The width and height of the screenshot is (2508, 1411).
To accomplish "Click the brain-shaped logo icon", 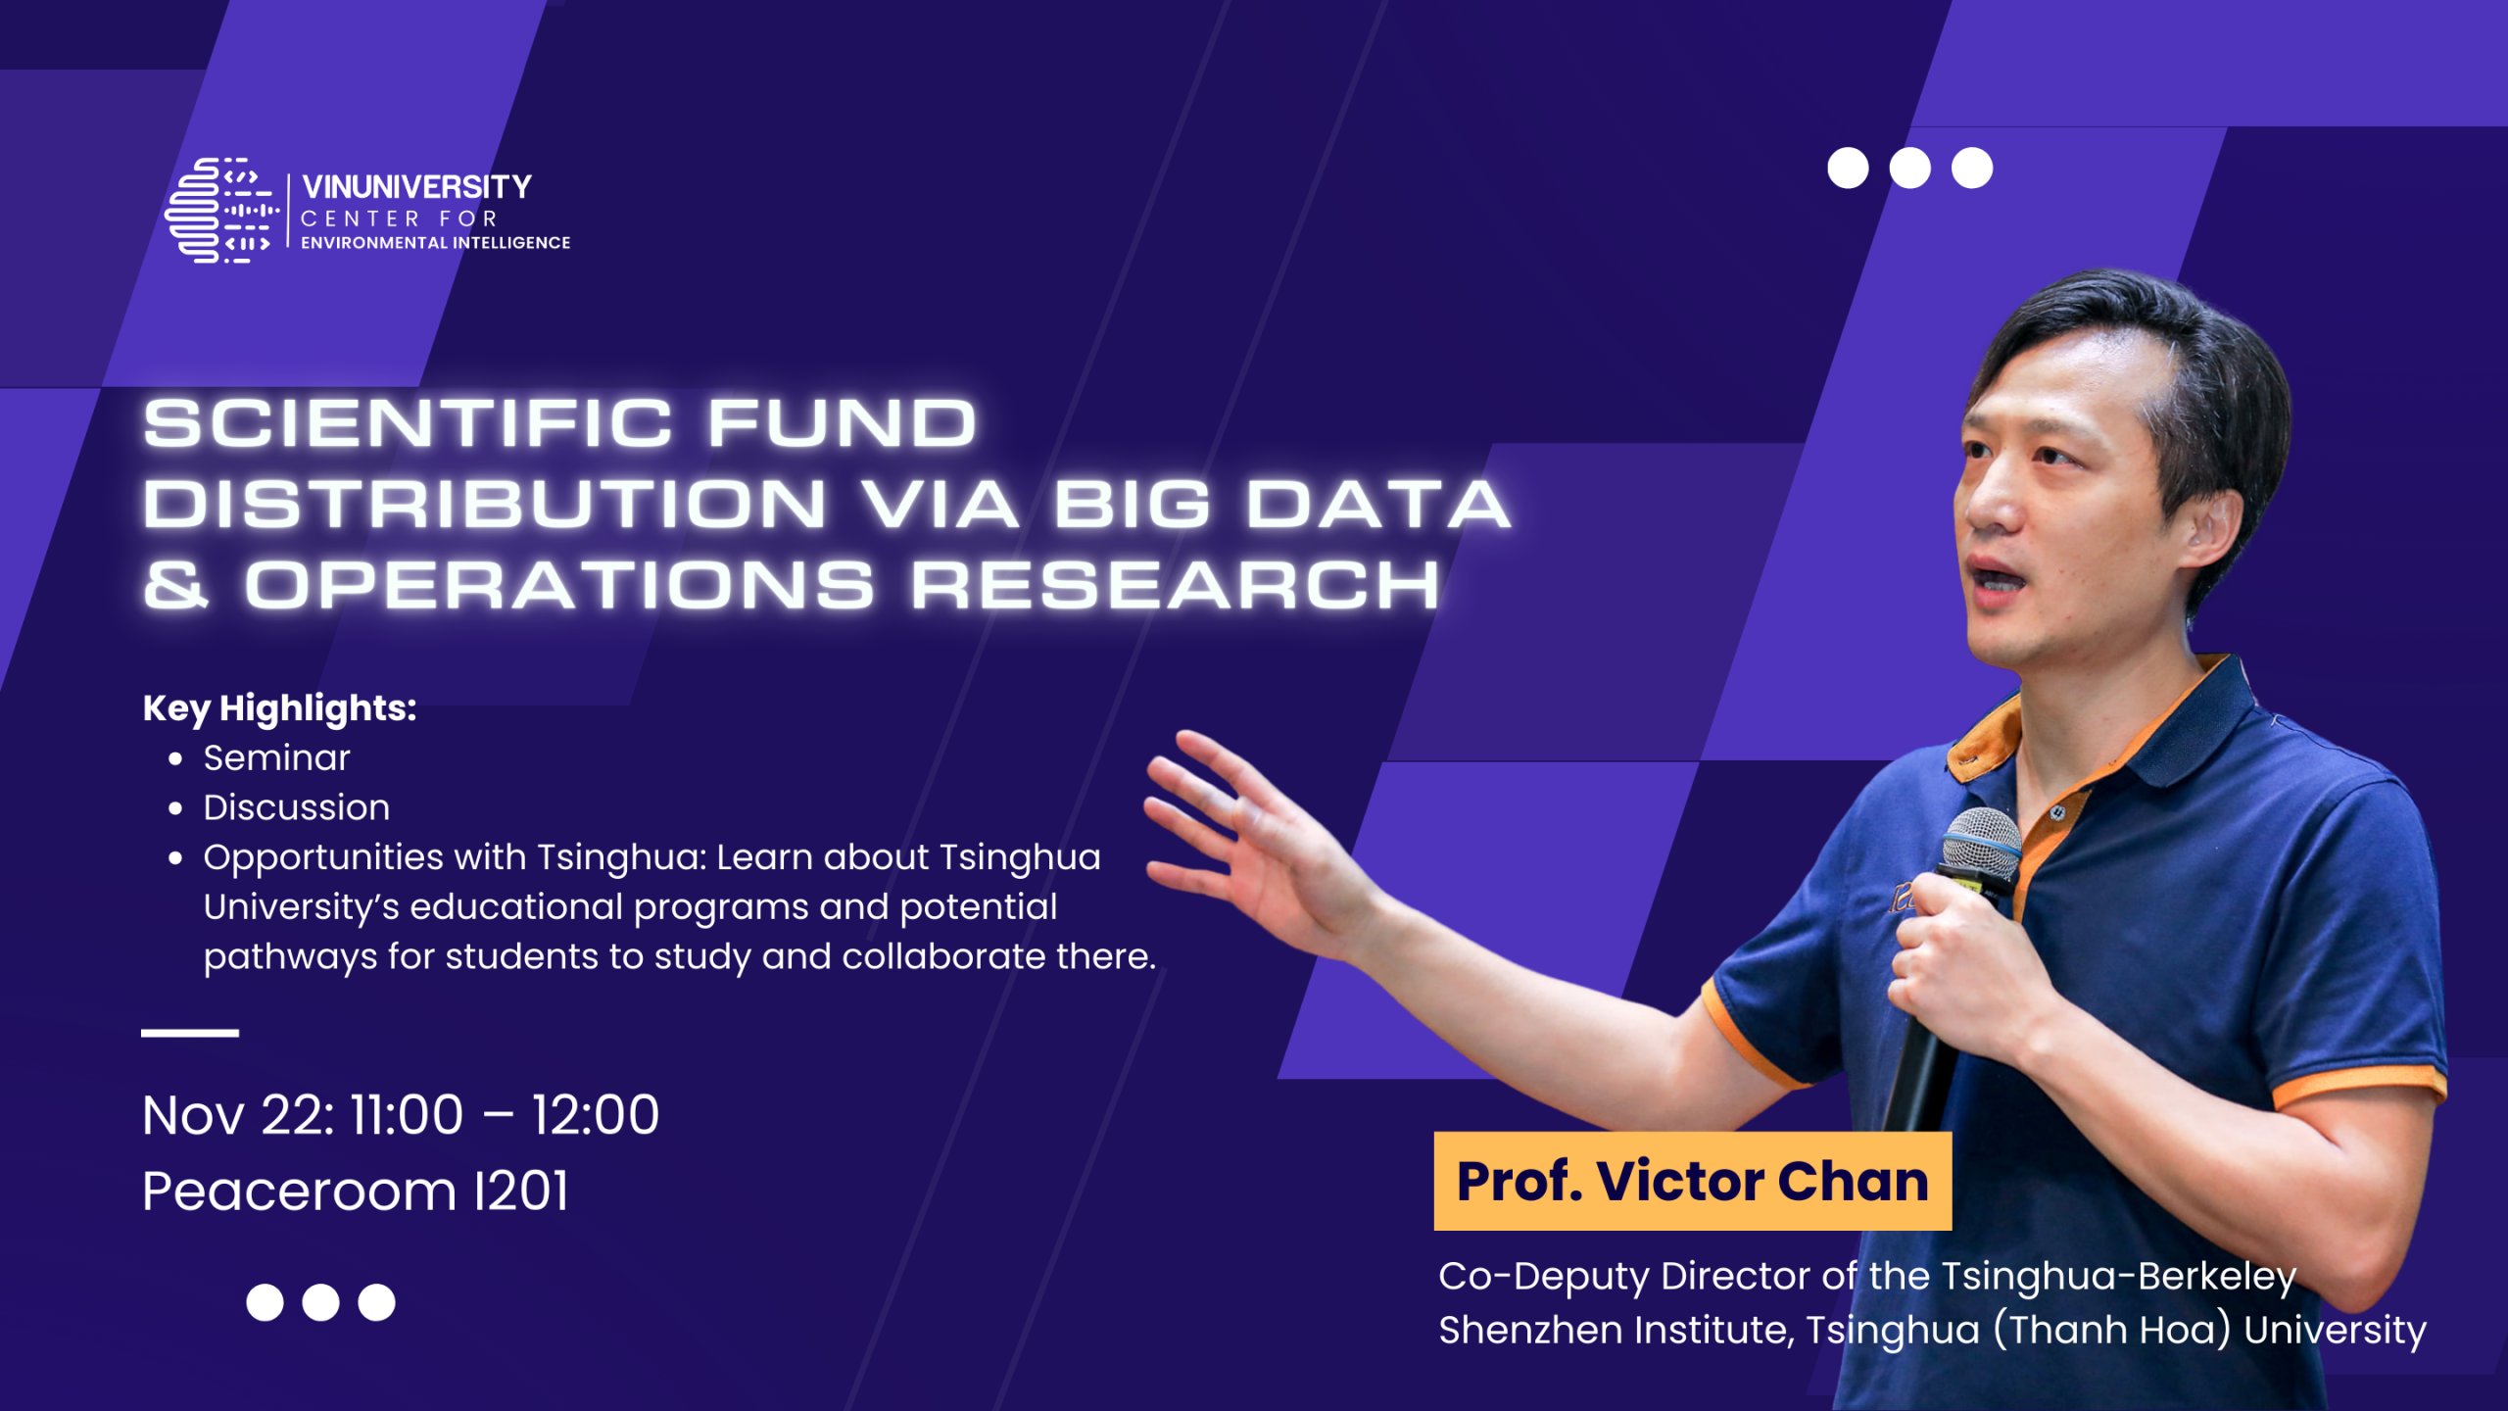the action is [222, 210].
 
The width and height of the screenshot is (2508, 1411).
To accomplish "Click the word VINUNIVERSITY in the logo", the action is [416, 186].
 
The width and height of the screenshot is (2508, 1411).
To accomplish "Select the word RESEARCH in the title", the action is [1176, 585].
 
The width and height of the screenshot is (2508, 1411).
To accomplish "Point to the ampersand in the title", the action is [176, 585].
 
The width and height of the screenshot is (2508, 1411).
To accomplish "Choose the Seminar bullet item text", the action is [276, 757].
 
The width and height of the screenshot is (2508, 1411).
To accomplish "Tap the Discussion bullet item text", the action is [297, 807].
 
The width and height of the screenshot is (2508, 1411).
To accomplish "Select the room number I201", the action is [520, 1192].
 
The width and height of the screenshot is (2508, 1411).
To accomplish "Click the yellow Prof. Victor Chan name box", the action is [1693, 1181].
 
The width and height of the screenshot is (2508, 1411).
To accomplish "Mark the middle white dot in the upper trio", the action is [1909, 168].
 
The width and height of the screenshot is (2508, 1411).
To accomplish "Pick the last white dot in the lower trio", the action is [376, 1302].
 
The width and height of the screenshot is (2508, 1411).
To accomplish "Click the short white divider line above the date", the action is [190, 1033].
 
